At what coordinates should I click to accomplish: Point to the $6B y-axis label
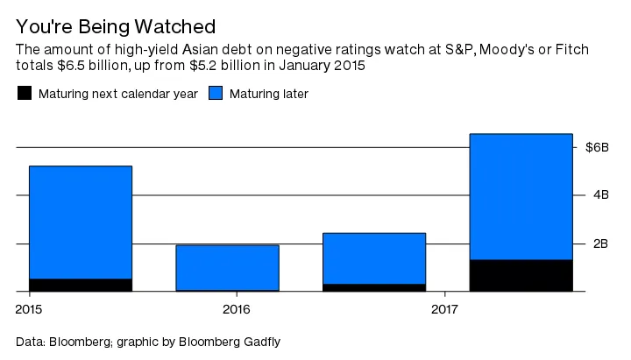(597, 147)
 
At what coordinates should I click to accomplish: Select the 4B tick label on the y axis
(600, 195)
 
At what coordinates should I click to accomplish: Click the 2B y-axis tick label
(600, 244)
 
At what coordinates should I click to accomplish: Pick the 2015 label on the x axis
(29, 309)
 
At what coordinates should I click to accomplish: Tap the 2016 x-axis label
(237, 309)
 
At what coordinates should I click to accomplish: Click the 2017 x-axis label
(445, 309)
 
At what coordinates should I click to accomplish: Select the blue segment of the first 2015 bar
(81, 222)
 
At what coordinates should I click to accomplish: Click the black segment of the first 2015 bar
(81, 285)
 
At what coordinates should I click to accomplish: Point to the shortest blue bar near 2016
(227, 267)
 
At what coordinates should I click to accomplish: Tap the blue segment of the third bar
(374, 258)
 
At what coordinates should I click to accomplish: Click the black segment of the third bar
(374, 287)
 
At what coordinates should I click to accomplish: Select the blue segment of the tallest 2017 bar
(521, 196)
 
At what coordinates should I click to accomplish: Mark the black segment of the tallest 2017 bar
(521, 275)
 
